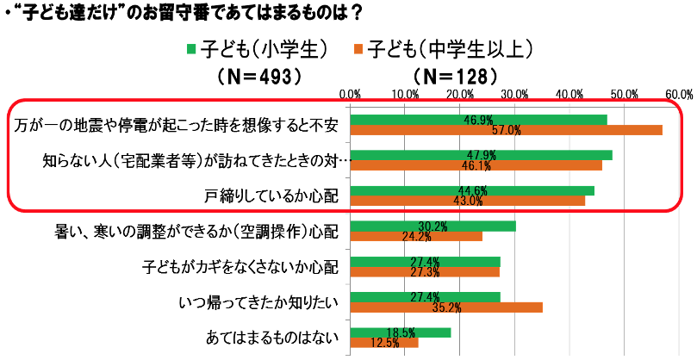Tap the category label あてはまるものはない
click(272, 337)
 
